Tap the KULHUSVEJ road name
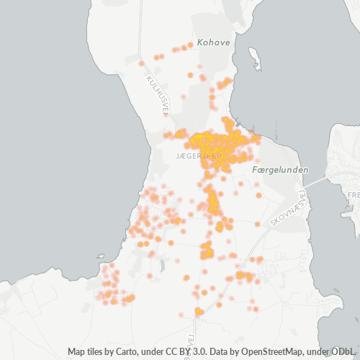pos(158,94)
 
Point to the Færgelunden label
pos(281,170)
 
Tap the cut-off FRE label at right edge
pos(353,195)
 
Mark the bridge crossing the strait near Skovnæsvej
pos(312,181)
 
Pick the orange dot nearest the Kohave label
pos(189,45)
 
